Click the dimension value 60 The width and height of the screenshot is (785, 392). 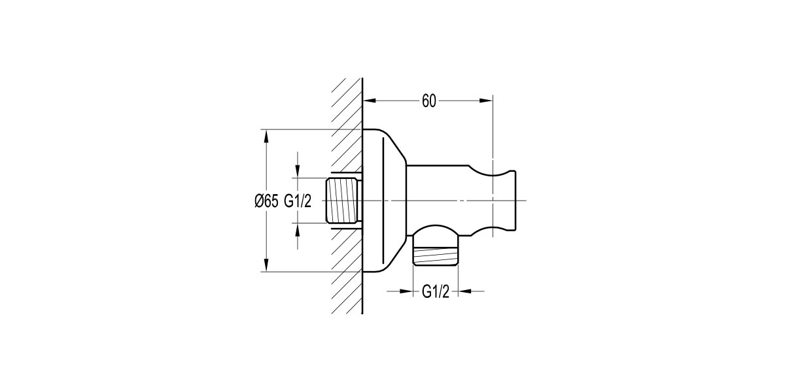pos(428,101)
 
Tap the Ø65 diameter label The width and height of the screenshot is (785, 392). pos(266,201)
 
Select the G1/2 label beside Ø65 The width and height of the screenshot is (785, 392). pos(297,201)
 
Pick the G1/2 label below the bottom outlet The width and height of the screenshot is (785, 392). pos(435,291)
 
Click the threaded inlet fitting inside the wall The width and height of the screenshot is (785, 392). pos(343,201)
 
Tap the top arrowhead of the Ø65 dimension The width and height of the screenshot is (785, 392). pos(266,135)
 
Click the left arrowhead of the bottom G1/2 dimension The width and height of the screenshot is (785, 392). pos(407,291)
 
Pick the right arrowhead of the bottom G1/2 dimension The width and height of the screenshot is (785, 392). pos(464,291)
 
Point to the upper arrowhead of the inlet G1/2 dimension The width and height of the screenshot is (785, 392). pos(298,172)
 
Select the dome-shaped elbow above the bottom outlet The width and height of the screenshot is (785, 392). pos(436,235)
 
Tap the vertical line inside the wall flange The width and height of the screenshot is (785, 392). pos(381,201)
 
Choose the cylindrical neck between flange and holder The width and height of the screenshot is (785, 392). pos(438,186)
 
